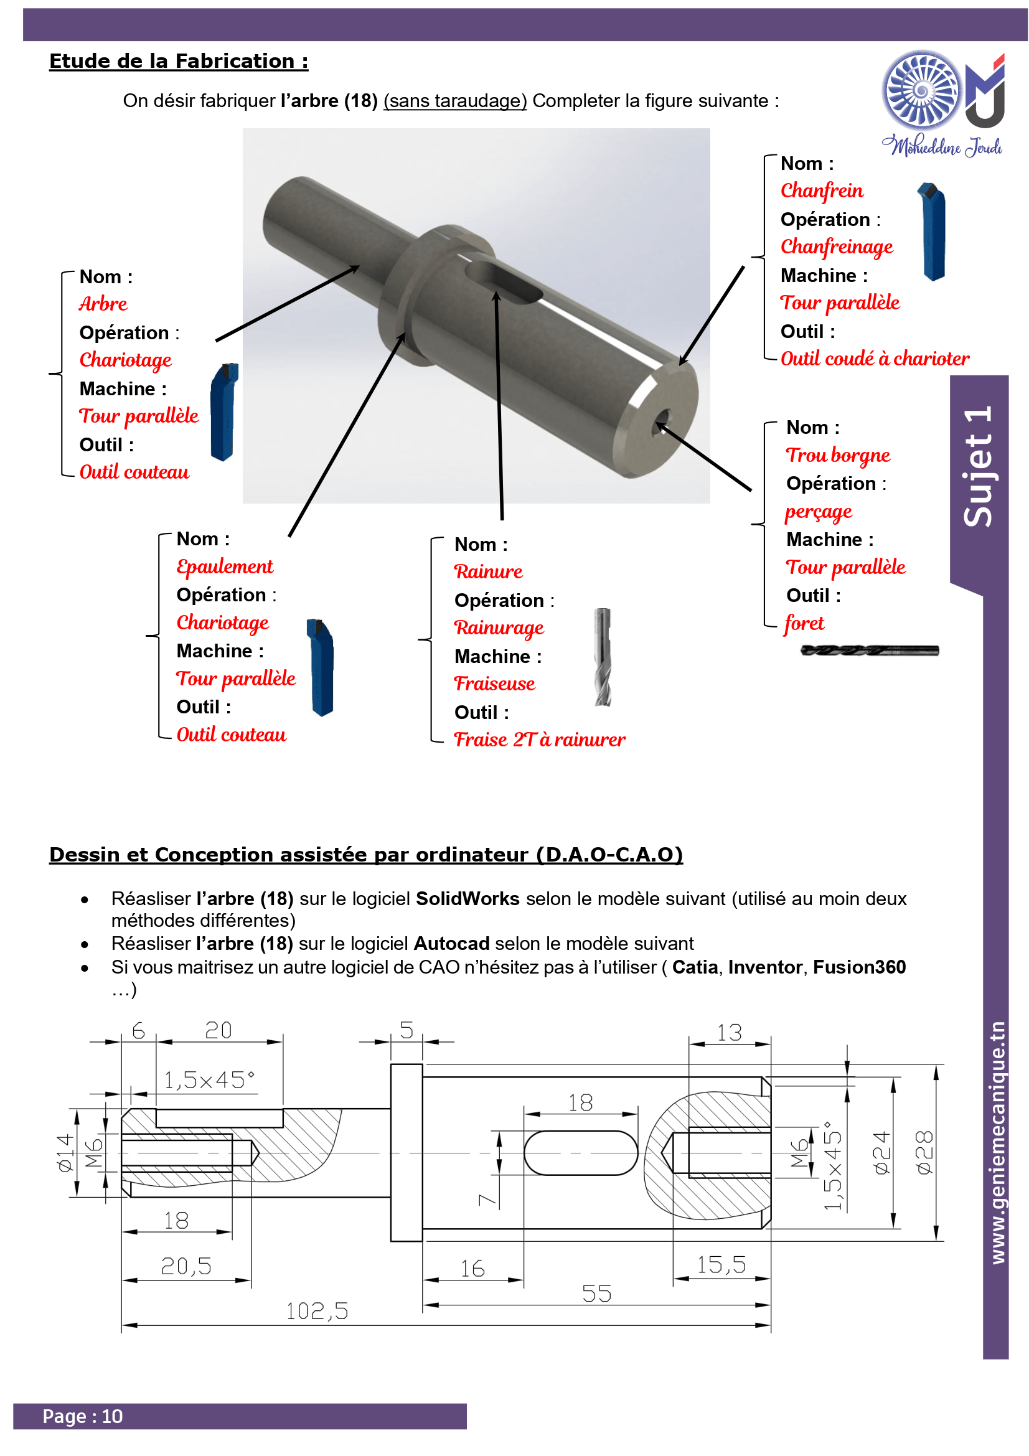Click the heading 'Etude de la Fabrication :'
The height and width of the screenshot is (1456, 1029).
coord(179,61)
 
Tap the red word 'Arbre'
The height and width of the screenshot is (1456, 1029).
coord(103,304)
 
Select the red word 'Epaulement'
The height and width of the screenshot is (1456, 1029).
coord(225,566)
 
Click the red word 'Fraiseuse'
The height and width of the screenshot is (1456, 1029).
coord(494,683)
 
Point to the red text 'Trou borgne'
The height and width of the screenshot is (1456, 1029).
coord(837,455)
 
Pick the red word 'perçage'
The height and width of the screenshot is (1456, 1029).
coord(818,512)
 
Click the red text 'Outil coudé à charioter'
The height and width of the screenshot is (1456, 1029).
coord(874,359)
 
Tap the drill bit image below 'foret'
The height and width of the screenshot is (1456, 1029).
coord(869,650)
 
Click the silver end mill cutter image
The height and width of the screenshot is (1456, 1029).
coord(603,657)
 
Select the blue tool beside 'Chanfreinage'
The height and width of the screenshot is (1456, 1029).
coord(931,232)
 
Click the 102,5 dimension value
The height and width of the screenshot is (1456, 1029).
coord(317,1311)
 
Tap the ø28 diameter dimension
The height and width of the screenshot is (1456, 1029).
coord(924,1152)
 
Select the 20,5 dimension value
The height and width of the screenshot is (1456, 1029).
coord(186,1266)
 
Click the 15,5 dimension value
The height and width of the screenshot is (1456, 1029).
coord(721,1264)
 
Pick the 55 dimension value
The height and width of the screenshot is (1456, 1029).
coord(596,1294)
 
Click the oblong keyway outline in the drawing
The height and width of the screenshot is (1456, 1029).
coord(581,1153)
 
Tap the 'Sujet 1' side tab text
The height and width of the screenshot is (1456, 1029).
coord(978,466)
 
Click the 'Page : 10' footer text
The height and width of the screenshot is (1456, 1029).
coord(82,1416)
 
